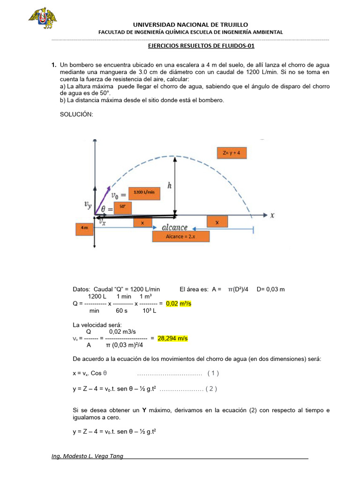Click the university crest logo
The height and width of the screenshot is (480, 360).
coord(43,18)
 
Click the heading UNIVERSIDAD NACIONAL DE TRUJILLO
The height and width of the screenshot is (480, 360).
coord(190,24)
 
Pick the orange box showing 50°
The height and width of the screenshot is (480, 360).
coord(122,206)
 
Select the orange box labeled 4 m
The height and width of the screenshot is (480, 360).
coord(84,228)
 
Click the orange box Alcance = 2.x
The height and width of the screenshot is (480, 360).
coord(180,236)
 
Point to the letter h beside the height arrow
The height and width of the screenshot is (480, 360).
coord(169,186)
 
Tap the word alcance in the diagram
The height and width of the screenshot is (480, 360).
coord(174,227)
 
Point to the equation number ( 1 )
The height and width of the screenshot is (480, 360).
coord(213,373)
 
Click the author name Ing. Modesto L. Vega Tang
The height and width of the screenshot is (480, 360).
coord(87,456)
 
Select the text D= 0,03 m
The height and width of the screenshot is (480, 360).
coord(270,289)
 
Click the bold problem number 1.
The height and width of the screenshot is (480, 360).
coord(53,64)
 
